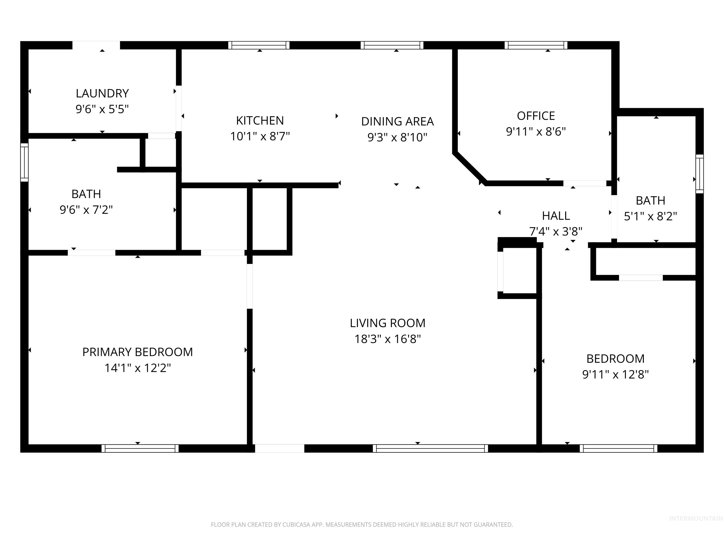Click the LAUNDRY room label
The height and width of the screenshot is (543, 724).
(102, 94)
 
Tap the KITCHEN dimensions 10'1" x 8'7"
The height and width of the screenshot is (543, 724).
(260, 136)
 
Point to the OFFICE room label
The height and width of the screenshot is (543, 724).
(536, 116)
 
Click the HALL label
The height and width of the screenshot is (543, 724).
(556, 216)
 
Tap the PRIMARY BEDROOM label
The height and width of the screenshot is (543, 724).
(137, 352)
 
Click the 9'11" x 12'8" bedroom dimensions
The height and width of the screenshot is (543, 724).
(615, 374)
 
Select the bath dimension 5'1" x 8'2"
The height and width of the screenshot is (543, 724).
(650, 216)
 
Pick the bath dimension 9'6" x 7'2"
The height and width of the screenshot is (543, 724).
(86, 210)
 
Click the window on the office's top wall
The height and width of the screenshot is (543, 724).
(536, 45)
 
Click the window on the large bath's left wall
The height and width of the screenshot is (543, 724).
(25, 163)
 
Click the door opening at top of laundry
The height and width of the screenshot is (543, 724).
(96, 45)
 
